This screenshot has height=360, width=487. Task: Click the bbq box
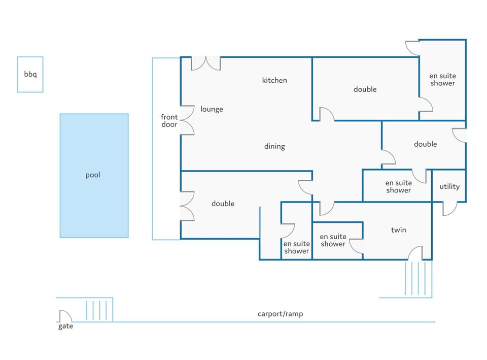click(30, 74)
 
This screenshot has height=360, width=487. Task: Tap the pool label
click(93, 175)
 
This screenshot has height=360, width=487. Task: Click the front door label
click(169, 121)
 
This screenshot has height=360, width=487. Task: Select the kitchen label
click(274, 80)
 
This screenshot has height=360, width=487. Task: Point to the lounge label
click(212, 109)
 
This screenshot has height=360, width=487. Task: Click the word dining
click(274, 147)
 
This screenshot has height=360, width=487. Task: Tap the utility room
click(449, 186)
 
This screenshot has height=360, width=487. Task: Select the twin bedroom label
click(399, 230)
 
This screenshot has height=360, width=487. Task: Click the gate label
click(65, 326)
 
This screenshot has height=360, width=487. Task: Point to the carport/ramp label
click(280, 314)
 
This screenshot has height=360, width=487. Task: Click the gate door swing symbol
click(64, 315)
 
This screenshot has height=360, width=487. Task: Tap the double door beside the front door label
click(187, 120)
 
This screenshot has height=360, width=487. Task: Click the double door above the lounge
click(206, 63)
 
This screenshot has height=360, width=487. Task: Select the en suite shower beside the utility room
click(399, 186)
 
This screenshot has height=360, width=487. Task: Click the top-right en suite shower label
click(443, 80)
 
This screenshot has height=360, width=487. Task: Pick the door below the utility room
click(449, 208)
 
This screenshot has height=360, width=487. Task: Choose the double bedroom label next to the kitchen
click(365, 89)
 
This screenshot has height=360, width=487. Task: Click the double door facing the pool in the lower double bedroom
click(187, 206)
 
